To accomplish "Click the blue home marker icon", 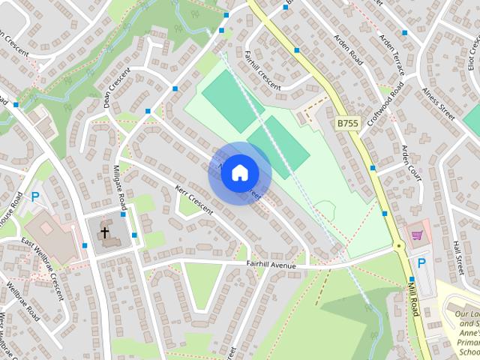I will pyautogui.click(x=239, y=172).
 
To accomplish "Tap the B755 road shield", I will pyautogui.click(x=347, y=123).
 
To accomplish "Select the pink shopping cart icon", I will pyautogui.click(x=418, y=235).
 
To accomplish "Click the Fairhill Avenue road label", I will pyautogui.click(x=271, y=265).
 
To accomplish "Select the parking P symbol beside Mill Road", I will pyautogui.click(x=421, y=264).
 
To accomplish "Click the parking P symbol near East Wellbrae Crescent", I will pyautogui.click(x=34, y=198).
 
